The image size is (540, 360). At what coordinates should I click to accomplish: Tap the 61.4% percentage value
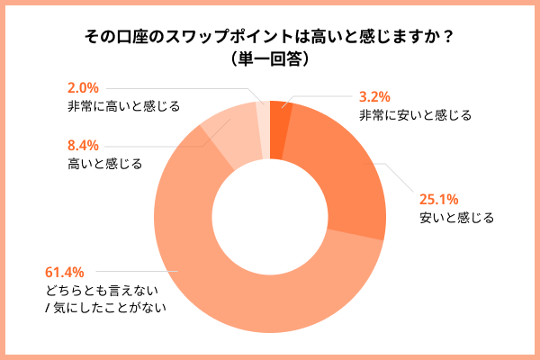[x=64, y=271]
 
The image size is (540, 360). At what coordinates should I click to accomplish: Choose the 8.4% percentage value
[x=84, y=146]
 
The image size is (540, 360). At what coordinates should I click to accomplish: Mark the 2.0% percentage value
[x=83, y=88]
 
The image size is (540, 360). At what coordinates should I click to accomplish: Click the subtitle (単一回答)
[x=270, y=59]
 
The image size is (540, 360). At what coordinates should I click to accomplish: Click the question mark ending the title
[x=448, y=37]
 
